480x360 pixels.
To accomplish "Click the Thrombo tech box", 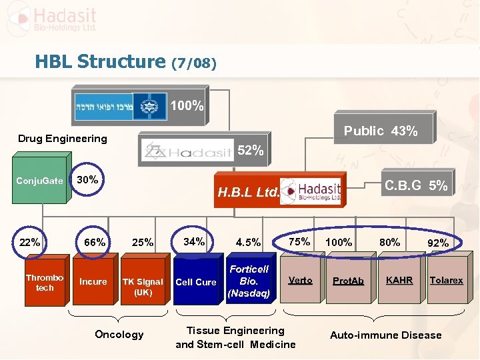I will coord(45,283).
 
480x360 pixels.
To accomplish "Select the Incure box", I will coord(93,282).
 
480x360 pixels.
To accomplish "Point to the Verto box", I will coord(300,281).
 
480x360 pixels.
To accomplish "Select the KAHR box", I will coord(399,281).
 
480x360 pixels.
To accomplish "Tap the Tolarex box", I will coord(446,281).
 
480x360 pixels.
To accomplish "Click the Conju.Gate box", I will coord(40,181).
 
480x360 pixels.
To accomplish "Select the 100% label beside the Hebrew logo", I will coord(187,106).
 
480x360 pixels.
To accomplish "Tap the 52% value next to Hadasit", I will coord(251,151).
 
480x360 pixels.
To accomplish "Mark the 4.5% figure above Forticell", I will coord(249,243).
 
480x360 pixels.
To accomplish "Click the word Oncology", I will coord(119,334).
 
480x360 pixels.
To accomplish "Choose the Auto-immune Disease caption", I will coord(385,335).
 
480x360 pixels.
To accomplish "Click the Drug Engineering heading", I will coord(62,139).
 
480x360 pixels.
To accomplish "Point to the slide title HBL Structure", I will coord(101,63).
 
